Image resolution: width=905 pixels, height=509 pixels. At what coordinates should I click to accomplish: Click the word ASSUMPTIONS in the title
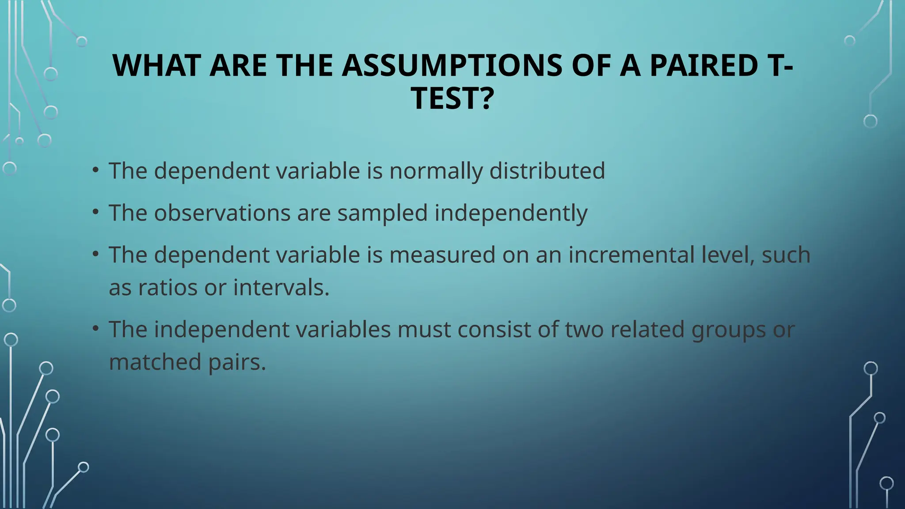452,65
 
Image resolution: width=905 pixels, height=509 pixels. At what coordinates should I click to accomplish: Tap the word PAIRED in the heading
703,65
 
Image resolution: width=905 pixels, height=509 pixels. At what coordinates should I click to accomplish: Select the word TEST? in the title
452,98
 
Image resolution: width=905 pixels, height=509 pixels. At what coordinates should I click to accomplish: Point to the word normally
436,171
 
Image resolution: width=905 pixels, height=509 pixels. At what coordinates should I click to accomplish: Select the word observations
222,213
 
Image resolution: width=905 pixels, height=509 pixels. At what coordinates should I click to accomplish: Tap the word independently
511,213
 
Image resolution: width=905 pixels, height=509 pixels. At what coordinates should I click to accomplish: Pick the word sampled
383,213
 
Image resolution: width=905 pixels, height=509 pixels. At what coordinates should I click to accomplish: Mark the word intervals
281,288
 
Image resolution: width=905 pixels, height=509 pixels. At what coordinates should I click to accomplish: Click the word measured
442,255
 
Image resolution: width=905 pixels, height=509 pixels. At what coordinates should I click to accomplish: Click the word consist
487,329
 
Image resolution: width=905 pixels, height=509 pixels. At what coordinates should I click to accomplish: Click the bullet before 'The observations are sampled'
95,213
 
